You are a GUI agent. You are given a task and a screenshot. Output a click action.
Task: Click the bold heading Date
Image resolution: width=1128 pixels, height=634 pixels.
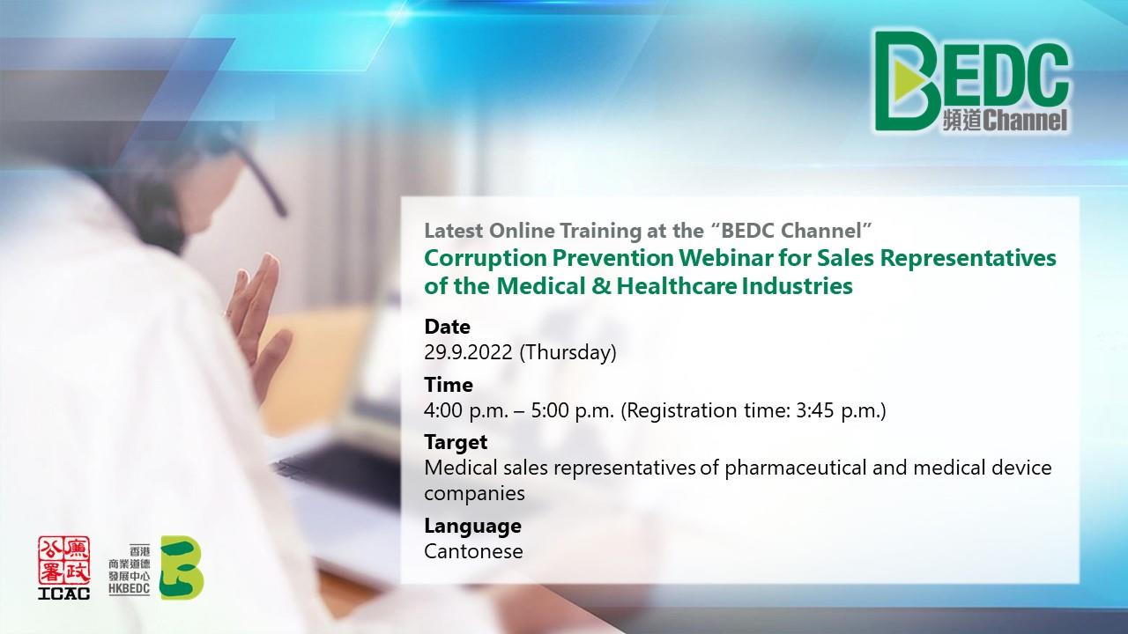point(447,327)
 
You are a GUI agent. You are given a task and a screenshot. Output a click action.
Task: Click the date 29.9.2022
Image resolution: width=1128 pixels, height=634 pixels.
point(468,352)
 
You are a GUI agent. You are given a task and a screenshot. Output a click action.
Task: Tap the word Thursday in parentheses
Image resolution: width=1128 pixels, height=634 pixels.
point(568,352)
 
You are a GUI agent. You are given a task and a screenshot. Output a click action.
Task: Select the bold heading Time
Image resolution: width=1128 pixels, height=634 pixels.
point(449,385)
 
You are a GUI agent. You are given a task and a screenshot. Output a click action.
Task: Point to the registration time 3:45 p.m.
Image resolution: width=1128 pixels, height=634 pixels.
point(838,410)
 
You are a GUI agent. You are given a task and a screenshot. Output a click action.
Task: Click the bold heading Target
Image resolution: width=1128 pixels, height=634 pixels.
point(456,442)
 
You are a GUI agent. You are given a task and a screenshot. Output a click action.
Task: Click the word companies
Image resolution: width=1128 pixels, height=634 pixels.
point(474,494)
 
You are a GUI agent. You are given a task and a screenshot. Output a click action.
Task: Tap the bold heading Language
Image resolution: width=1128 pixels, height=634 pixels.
point(473,527)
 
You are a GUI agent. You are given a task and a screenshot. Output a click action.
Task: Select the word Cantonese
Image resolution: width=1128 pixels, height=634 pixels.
point(473,551)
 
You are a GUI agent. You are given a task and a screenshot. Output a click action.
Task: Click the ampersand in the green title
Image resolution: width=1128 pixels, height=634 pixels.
point(601,286)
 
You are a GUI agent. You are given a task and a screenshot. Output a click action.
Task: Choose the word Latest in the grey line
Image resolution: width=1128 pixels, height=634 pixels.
point(454,231)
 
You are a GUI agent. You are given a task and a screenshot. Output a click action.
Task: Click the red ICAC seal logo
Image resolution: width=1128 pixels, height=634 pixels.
point(64,561)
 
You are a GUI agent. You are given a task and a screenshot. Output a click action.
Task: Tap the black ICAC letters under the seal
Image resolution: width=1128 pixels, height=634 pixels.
point(64,593)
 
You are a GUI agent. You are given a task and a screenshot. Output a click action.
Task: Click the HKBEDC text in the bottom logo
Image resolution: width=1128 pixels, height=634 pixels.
point(130,589)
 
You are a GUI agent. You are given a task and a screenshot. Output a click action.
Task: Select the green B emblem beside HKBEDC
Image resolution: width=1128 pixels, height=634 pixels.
point(182,568)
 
